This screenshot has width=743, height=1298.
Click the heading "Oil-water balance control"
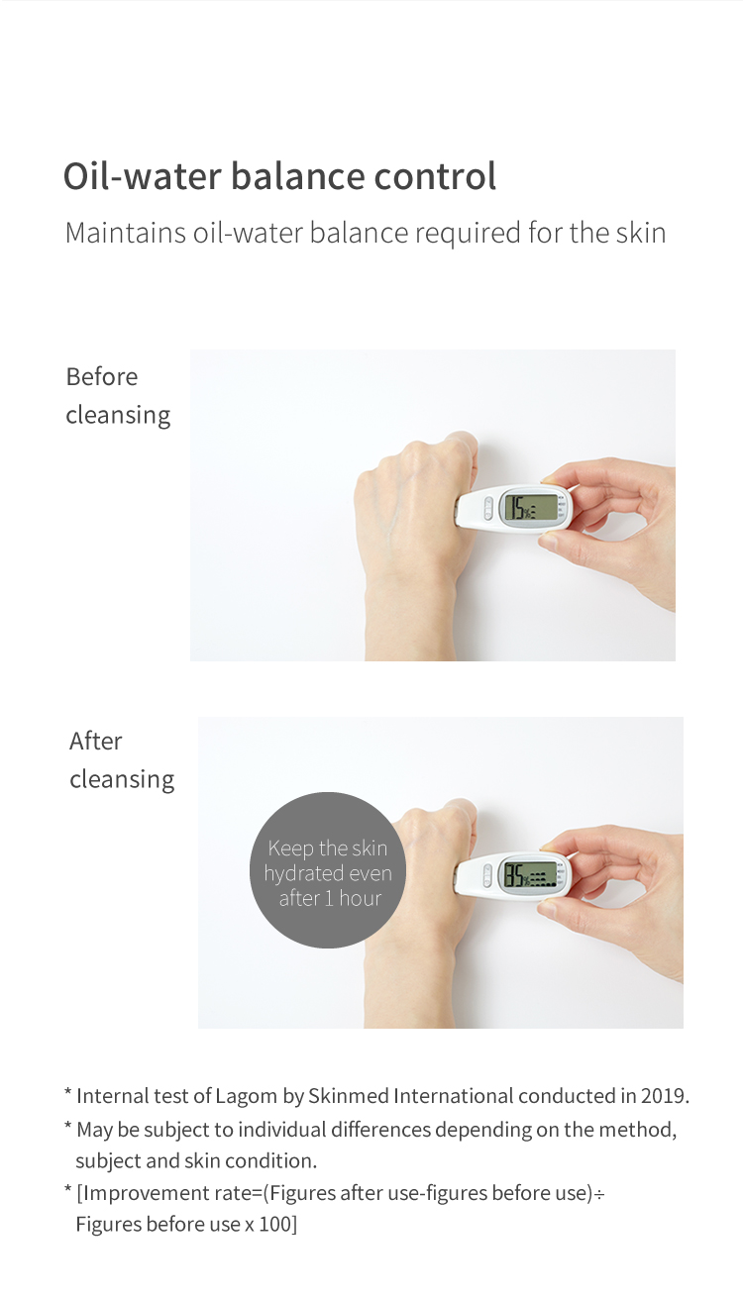[279, 176]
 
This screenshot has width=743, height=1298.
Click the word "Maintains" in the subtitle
[125, 233]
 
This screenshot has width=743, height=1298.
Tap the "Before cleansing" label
[118, 396]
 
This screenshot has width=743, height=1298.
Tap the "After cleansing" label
[122, 760]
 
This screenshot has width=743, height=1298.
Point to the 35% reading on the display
[517, 875]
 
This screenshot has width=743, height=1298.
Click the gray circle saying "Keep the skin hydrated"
[328, 869]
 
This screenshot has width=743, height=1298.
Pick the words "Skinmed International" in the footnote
[411, 1096]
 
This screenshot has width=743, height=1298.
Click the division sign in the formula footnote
[599, 1194]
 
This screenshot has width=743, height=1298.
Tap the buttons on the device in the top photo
[488, 508]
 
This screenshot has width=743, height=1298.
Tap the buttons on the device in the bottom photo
[487, 875]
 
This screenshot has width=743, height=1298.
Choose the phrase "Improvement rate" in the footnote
[165, 1193]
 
